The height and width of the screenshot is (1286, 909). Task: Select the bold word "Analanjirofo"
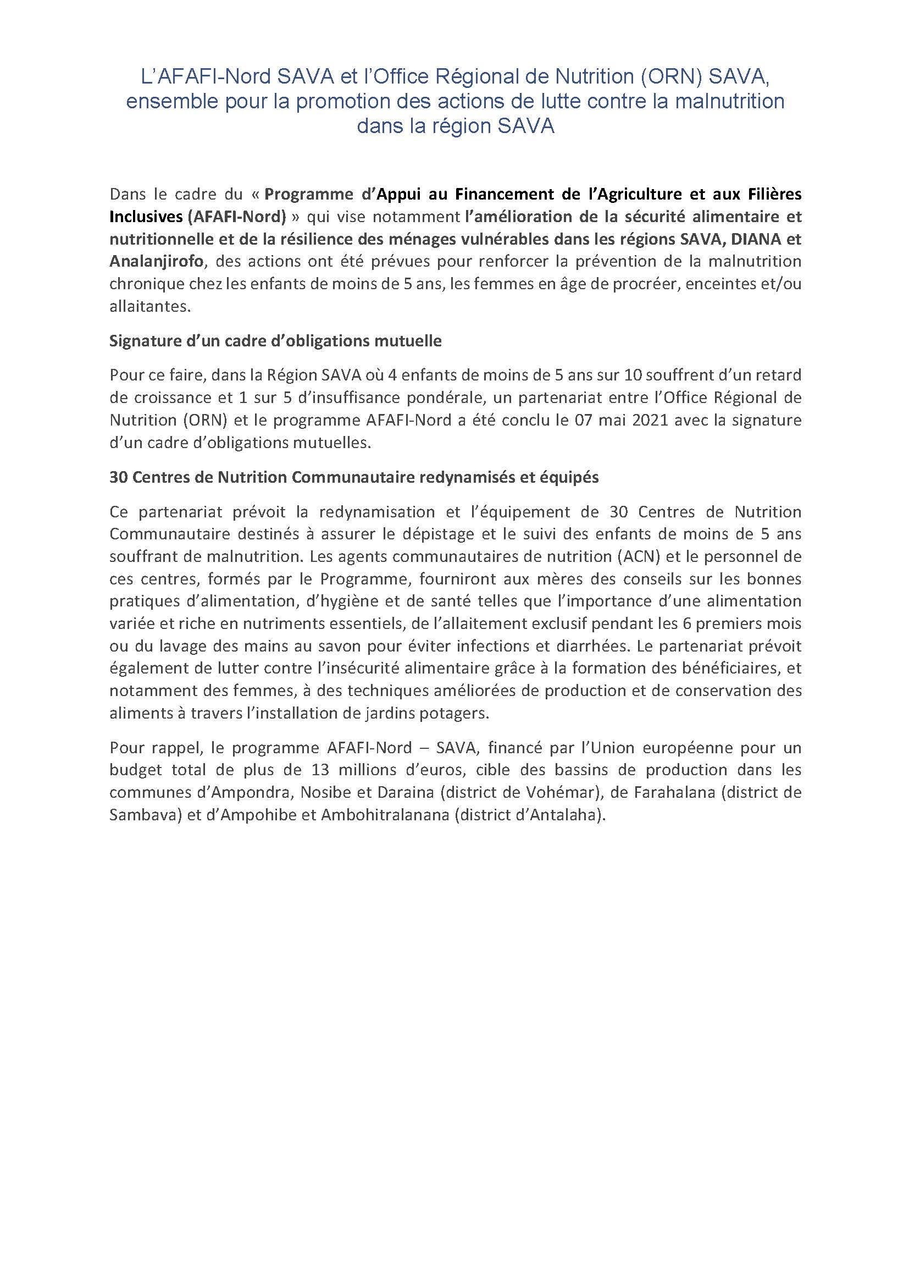pyautogui.click(x=156, y=261)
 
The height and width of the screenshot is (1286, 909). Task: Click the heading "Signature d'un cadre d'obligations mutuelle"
pyautogui.click(x=275, y=341)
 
